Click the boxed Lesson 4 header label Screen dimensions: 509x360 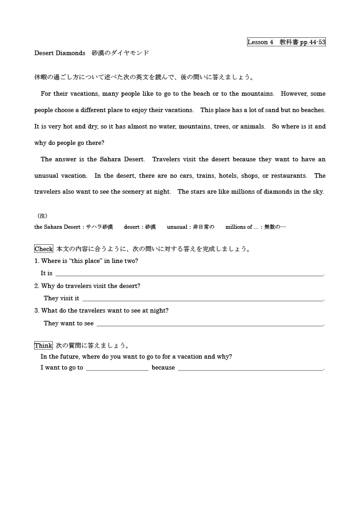pos(286,42)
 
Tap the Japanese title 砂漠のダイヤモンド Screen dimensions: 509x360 pos(120,53)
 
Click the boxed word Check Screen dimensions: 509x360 pos(44,249)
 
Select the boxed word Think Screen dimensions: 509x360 pos(43,345)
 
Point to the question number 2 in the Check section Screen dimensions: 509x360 pos(36,286)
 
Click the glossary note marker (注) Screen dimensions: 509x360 pos(42,216)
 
